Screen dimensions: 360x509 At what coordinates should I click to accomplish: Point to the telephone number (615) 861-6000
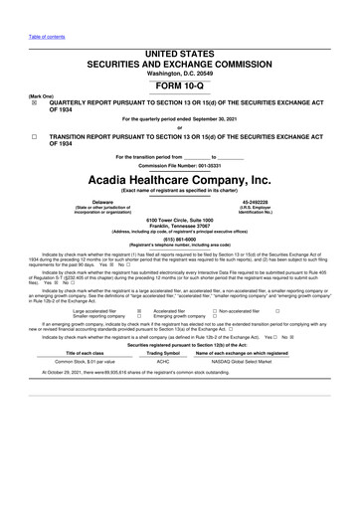pos(179,239)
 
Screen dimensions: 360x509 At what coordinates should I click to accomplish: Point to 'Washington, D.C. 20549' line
pos(179,74)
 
